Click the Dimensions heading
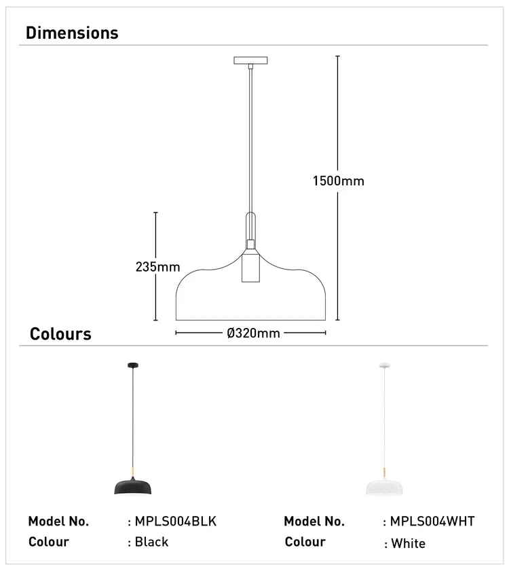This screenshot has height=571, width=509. pos(72,33)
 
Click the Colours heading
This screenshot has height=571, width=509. pos(60,334)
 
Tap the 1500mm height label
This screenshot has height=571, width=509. pos(338,181)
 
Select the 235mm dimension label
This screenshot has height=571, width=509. pos(157,267)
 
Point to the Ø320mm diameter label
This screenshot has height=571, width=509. pos(253,333)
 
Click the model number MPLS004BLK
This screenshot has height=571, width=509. pos(175,521)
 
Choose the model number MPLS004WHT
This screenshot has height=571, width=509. pos(432,521)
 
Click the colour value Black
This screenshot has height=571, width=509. pos(151,542)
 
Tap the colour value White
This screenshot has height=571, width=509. pos(408,543)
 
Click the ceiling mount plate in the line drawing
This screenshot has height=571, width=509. pos(251,60)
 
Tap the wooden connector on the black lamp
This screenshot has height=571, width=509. pos(133,471)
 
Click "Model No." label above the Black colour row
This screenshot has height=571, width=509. pos(58,521)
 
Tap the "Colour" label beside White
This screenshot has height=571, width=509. pos(305,542)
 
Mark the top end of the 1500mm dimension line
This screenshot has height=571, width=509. pos(338,56)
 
